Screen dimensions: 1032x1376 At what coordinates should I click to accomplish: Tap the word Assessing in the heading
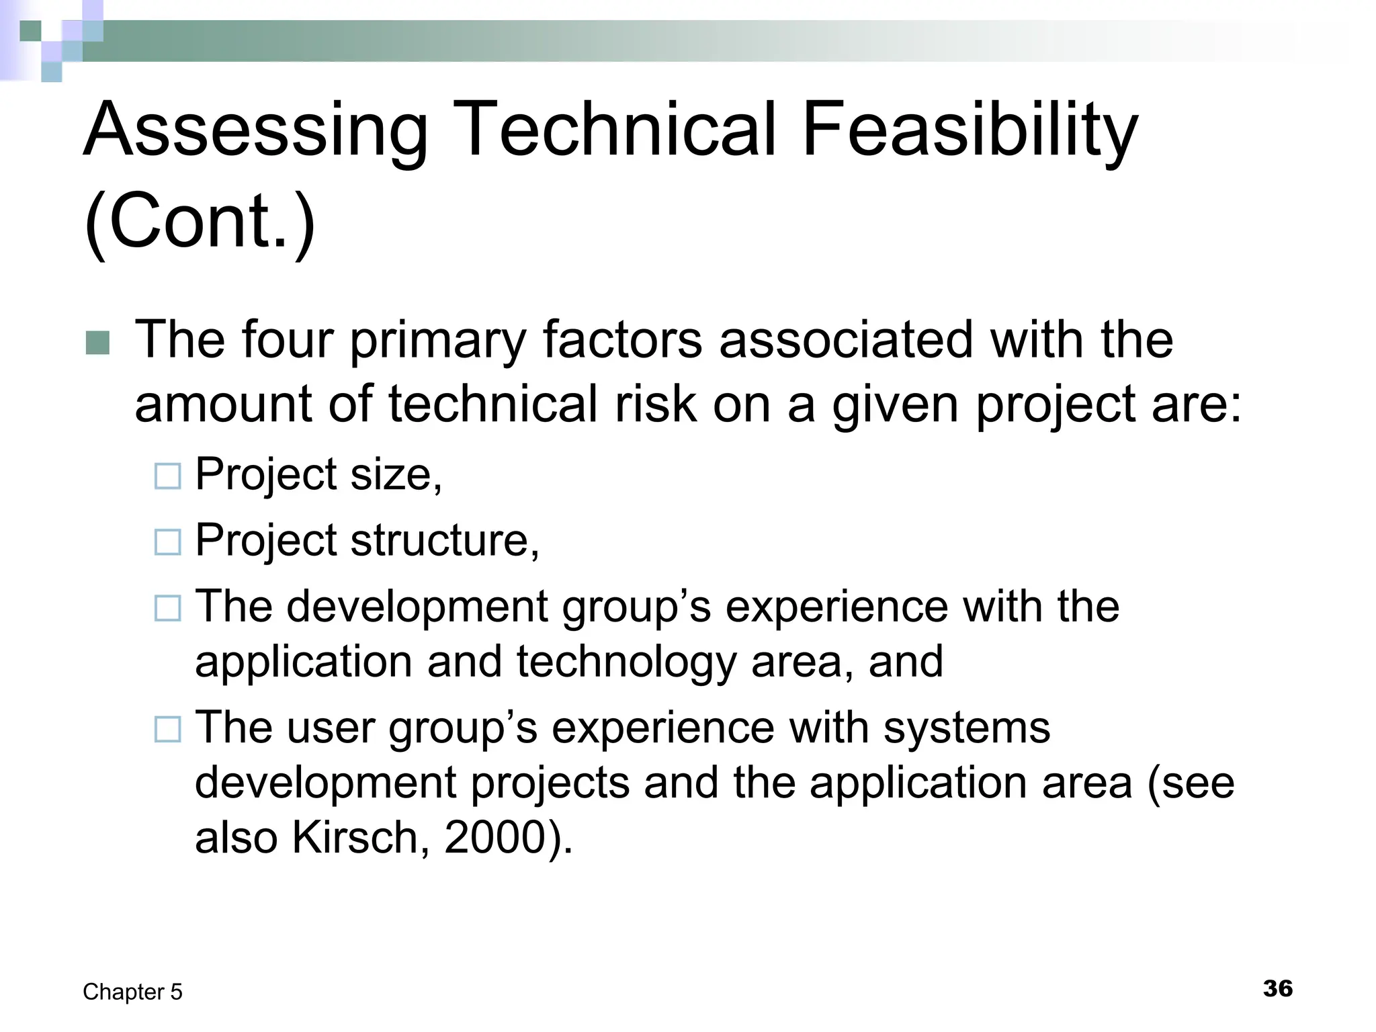pyautogui.click(x=255, y=129)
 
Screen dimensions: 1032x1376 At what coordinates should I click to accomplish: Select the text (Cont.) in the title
pyautogui.click(x=200, y=221)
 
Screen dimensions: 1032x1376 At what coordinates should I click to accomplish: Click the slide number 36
pyautogui.click(x=1277, y=988)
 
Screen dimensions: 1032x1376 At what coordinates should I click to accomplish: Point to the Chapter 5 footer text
pyautogui.click(x=132, y=992)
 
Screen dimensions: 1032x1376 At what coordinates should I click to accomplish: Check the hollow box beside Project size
pyautogui.click(x=167, y=476)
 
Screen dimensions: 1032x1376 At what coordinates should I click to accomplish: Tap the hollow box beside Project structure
pyautogui.click(x=167, y=542)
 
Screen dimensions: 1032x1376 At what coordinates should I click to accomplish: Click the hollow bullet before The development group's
pyautogui.click(x=167, y=608)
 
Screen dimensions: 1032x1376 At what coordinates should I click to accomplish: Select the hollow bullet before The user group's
pyautogui.click(x=167, y=729)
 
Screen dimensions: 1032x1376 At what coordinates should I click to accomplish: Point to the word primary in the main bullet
pyautogui.click(x=437, y=341)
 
